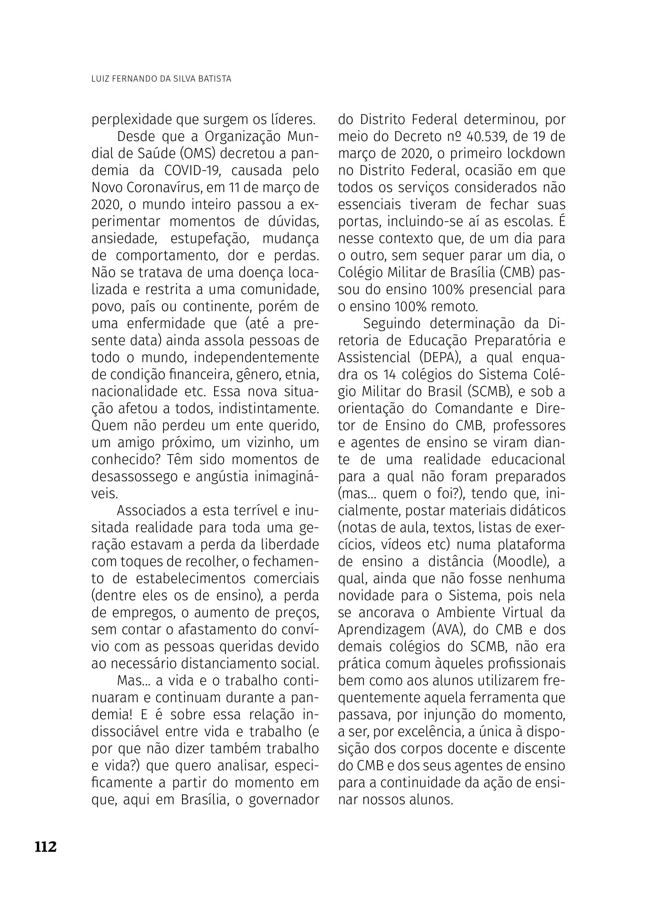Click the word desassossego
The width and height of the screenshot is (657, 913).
click(134, 476)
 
